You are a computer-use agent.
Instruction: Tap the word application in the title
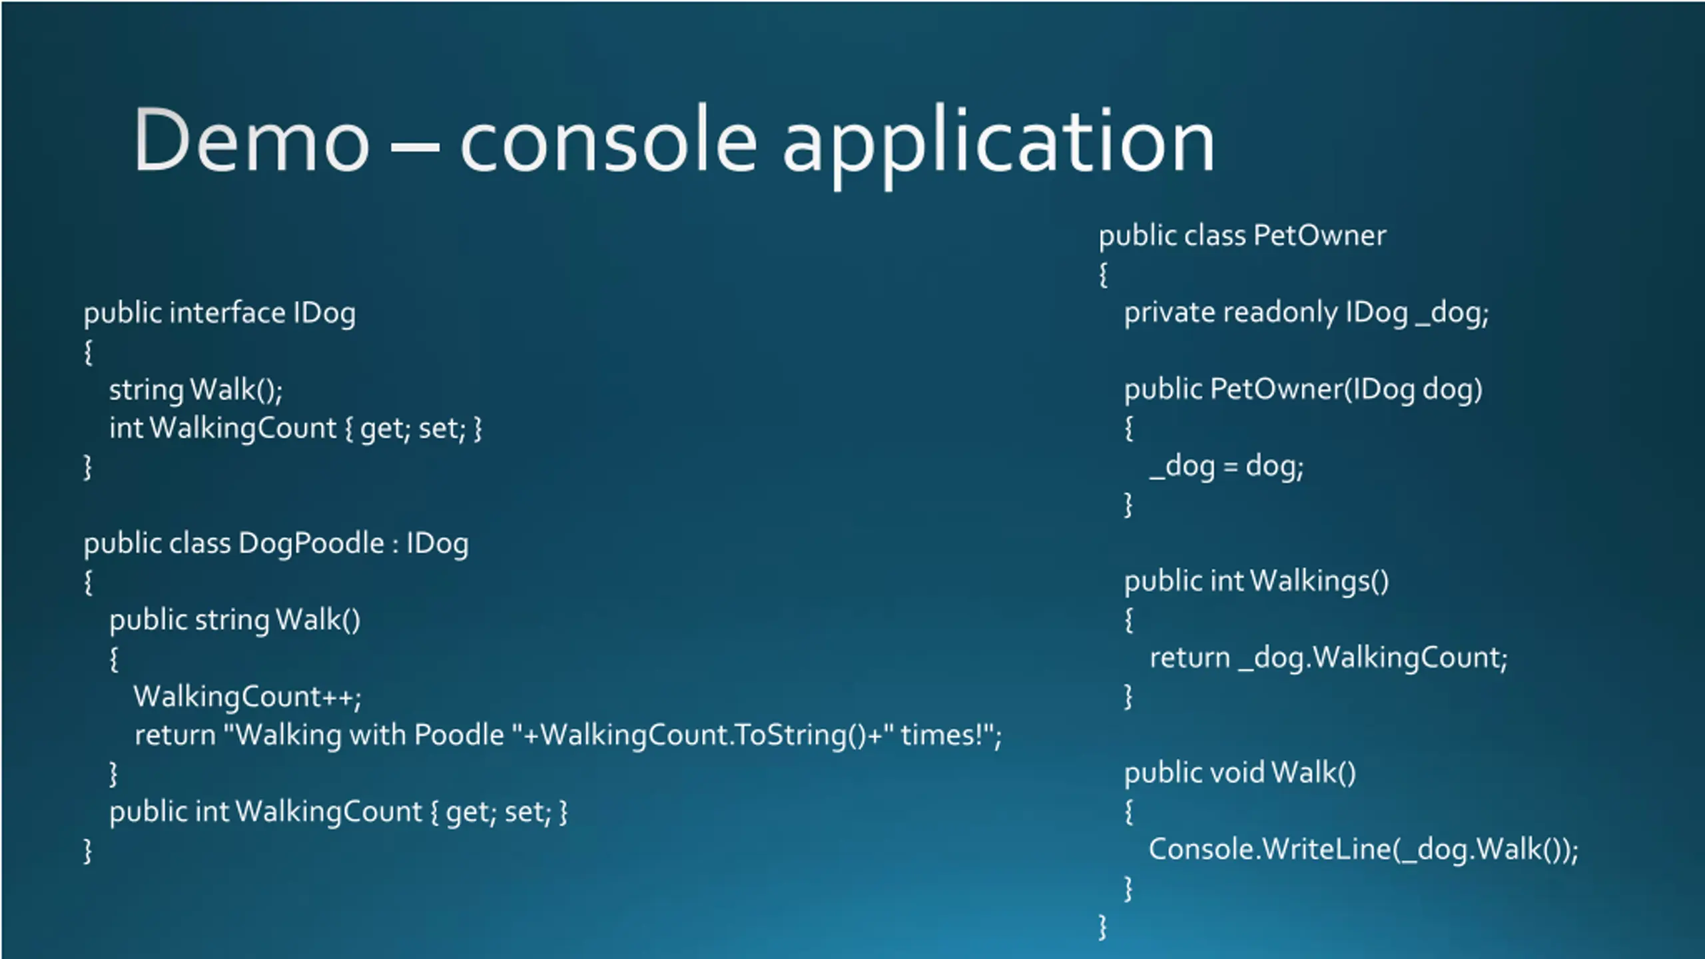pyautogui.click(x=999, y=143)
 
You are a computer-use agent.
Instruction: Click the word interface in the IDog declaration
pyautogui.click(x=227, y=313)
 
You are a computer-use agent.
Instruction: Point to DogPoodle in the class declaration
pyautogui.click(x=311, y=543)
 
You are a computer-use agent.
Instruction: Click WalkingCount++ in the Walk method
pyautogui.click(x=247, y=697)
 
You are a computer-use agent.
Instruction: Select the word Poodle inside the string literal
pyautogui.click(x=459, y=735)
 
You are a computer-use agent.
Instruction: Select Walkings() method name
pyautogui.click(x=1319, y=581)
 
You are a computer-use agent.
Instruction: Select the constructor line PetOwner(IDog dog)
pyautogui.click(x=1303, y=390)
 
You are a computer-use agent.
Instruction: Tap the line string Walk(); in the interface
pyautogui.click(x=196, y=390)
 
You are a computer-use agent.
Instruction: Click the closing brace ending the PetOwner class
pyautogui.click(x=1103, y=927)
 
